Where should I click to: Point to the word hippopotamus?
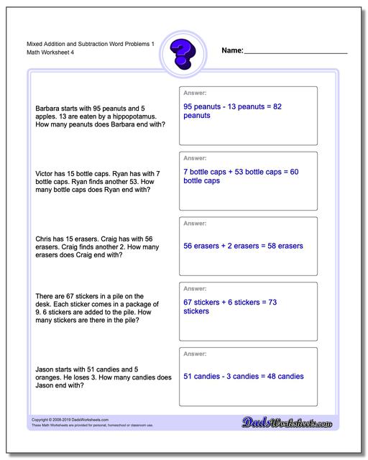pos(140,116)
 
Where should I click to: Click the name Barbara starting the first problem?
pos(48,107)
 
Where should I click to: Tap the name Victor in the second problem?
pos(45,173)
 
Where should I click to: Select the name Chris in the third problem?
pos(44,239)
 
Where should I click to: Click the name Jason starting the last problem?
pos(45,369)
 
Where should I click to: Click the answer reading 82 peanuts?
pos(231,110)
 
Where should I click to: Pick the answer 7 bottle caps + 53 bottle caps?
pos(240,176)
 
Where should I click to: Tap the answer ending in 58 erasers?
pos(243,246)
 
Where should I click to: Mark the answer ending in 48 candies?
pos(243,377)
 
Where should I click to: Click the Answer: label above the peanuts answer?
pos(195,93)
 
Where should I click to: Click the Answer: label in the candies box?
pos(195,354)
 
